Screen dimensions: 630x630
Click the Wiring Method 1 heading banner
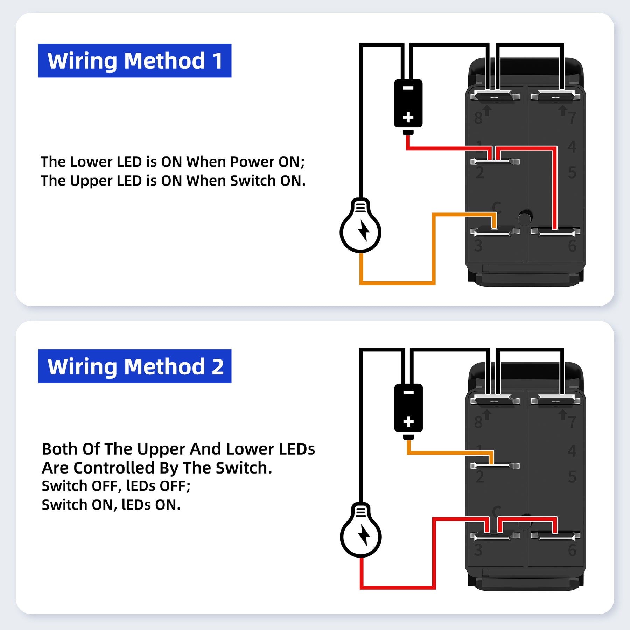(134, 61)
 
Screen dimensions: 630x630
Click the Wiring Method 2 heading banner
(134, 366)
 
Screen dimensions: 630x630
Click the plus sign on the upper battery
(408, 117)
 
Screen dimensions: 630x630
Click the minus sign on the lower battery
(408, 393)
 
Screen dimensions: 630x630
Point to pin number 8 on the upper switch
(478, 118)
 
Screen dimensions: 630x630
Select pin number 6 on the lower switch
(572, 551)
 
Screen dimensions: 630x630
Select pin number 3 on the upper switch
(478, 246)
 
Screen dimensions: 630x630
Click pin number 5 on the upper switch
(572, 172)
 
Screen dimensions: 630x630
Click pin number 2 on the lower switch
(479, 477)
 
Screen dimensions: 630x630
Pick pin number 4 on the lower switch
(572, 451)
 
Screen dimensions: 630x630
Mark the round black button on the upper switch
(524, 218)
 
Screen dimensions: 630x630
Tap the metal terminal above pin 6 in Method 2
(555, 535)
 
